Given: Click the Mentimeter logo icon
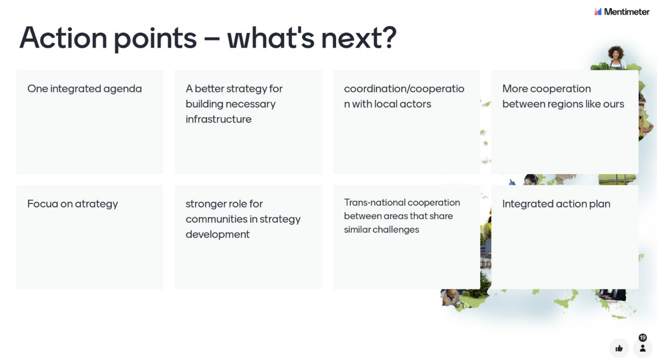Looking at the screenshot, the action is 598,12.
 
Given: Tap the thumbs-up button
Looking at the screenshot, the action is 619,348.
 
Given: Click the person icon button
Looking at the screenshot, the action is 643,348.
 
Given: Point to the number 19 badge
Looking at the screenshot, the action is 643,337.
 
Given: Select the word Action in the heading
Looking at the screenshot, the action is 63,38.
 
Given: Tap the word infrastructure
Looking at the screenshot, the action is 219,119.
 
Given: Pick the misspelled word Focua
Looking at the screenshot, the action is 43,204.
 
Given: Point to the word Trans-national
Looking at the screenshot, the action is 374,203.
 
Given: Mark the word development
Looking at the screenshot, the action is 218,234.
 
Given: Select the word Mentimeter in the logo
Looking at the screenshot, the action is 627,12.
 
